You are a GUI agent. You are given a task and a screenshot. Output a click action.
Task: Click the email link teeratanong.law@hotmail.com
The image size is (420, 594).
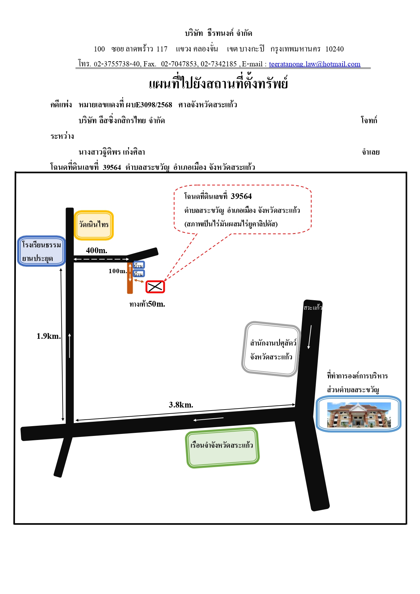(x=314, y=64)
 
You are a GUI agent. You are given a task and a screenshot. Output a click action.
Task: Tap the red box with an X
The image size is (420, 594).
(x=155, y=287)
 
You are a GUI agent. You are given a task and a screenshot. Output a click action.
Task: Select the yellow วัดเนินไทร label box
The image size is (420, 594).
(x=94, y=225)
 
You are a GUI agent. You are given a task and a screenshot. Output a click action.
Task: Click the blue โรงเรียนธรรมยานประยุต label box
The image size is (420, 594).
(x=41, y=251)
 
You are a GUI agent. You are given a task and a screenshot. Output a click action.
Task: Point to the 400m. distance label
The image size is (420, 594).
(x=96, y=250)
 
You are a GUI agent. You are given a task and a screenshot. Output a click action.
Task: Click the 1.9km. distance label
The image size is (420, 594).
(x=49, y=336)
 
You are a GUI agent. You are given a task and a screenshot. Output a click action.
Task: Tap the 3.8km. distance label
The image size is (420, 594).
(x=181, y=405)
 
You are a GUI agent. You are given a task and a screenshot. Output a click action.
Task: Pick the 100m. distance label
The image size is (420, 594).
(x=118, y=271)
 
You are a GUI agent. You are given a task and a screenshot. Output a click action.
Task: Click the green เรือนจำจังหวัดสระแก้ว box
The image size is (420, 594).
(x=222, y=447)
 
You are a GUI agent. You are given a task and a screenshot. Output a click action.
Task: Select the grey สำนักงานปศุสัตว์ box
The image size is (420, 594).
(x=271, y=349)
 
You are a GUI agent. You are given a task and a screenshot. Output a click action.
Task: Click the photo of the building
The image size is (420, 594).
(x=359, y=415)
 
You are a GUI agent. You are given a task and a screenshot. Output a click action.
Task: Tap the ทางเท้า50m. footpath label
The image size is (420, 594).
(x=147, y=304)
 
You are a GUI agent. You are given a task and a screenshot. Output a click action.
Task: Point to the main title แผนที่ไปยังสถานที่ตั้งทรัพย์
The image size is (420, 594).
(x=218, y=83)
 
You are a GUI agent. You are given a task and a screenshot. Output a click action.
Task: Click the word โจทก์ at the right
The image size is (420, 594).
(x=369, y=120)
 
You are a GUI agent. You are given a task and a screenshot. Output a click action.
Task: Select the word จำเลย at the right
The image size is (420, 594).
(x=371, y=152)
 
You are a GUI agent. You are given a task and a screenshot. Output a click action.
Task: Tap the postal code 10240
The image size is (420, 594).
(x=334, y=49)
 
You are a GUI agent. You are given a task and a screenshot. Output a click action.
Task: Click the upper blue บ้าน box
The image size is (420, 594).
(x=139, y=265)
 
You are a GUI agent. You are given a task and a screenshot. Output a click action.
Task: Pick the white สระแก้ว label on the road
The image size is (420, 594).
(x=313, y=308)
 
